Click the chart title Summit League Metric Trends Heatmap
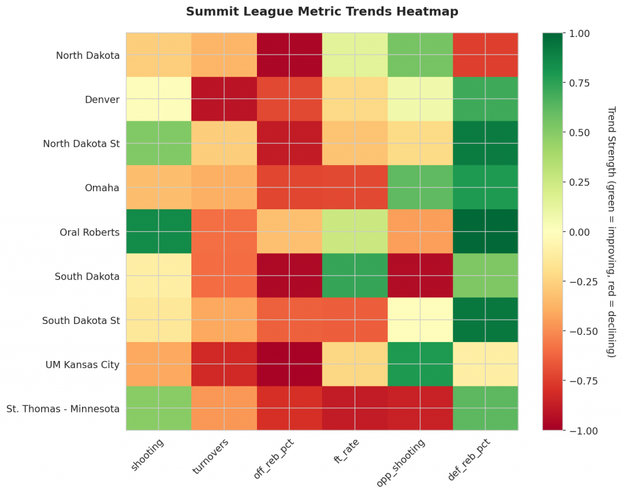pos(322,12)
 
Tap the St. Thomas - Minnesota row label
pos(63,408)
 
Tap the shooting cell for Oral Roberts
pos(159,232)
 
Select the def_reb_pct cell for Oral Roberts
pos(485,232)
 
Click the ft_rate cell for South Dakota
pos(355,276)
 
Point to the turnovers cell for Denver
pos(224,99)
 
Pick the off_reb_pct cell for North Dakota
pos(289,55)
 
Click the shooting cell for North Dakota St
pos(159,144)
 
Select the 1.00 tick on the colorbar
pos(577,33)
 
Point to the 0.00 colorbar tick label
pos(577,232)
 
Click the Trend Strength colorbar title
pos(610,232)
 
